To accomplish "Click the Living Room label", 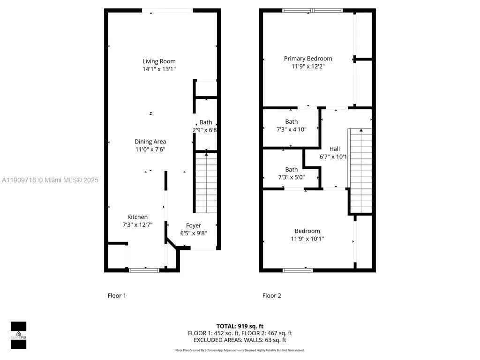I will click(x=159, y=61).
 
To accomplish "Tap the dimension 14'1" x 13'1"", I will click(x=159, y=69).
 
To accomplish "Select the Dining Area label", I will click(x=150, y=142).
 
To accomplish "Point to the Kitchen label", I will click(x=137, y=217).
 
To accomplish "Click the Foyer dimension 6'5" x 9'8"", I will click(x=194, y=233).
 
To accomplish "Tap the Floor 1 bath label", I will click(x=205, y=122).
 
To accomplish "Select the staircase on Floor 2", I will click(x=360, y=171).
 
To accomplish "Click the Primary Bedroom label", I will click(x=308, y=59).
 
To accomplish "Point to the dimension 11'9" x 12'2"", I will click(x=308, y=67).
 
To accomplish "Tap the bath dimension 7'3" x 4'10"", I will click(x=291, y=129).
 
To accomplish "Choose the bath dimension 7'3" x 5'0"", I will click(x=291, y=177).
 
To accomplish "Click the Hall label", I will click(x=334, y=149).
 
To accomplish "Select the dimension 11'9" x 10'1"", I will click(x=307, y=239).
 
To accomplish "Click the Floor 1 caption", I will click(x=117, y=296).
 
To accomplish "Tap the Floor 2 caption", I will click(x=271, y=296).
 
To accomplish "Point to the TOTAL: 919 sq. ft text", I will click(x=240, y=326).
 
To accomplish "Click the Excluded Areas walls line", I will click(x=240, y=340).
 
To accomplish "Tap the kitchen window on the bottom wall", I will click(x=144, y=270).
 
